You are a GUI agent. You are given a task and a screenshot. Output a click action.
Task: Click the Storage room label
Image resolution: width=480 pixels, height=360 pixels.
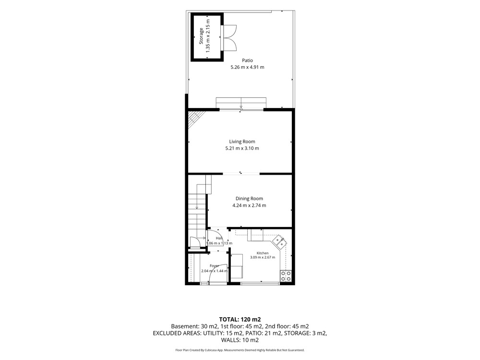201,36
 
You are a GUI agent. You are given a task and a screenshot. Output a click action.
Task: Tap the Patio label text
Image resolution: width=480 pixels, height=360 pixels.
247,60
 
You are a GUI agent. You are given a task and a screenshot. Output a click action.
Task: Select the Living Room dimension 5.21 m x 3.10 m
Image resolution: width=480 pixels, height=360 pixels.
242,148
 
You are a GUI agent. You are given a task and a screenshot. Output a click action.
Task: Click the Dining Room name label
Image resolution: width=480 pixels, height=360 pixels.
249,198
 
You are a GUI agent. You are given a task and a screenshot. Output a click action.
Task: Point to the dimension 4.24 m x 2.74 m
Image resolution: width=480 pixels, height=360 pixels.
249,205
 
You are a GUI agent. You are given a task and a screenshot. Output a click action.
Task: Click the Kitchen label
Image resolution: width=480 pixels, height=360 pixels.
263,253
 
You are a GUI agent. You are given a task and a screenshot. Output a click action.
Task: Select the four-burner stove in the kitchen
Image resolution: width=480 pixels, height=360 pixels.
286,276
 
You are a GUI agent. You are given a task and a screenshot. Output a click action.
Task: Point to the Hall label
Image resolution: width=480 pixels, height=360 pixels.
219,238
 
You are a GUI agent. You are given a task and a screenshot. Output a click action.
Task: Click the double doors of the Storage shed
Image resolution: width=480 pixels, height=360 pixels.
230,37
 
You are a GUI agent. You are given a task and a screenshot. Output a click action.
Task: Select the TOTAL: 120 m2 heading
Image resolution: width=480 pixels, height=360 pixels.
240,320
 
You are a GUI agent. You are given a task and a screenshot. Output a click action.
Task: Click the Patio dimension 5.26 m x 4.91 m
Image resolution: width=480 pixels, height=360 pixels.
247,67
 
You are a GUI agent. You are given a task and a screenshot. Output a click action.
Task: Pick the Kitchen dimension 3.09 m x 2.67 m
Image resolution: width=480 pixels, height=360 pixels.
263,257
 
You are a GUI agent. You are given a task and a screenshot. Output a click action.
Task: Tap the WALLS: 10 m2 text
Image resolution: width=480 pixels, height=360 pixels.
240,340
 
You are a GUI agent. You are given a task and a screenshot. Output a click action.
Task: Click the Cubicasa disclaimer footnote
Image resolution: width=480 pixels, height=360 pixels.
240,350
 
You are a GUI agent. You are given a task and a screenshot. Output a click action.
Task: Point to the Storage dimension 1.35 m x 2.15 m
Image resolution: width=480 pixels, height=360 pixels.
208,36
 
